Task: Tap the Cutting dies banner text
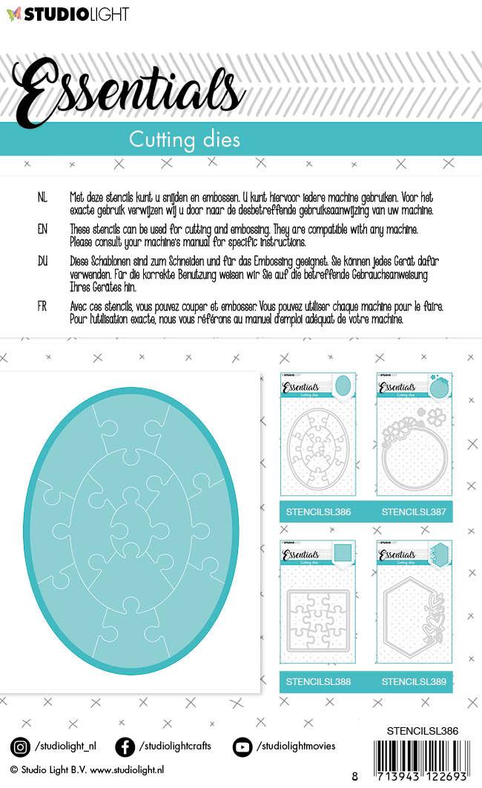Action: [x=184, y=139]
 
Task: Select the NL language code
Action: [x=42, y=198]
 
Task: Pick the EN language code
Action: [x=42, y=230]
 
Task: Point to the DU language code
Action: [x=42, y=262]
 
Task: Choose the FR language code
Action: [x=42, y=305]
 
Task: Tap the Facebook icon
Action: [x=125, y=746]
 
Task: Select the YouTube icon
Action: [x=242, y=746]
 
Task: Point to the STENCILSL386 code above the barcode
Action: [x=422, y=731]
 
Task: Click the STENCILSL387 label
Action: [x=414, y=512]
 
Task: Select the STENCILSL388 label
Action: [x=318, y=681]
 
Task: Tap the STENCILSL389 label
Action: [x=414, y=681]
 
